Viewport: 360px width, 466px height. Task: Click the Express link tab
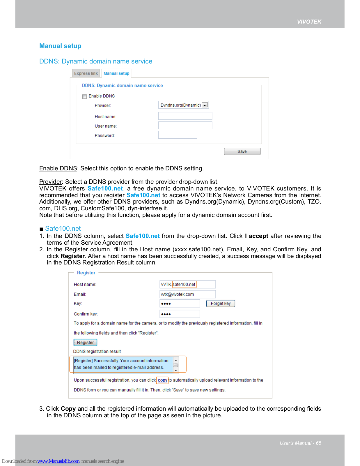pos(86,73)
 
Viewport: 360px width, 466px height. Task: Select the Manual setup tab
pos(116,73)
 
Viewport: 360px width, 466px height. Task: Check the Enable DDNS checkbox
pos(85,96)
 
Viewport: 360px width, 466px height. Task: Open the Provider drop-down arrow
pos(205,105)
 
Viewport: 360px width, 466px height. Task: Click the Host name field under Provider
pos(185,116)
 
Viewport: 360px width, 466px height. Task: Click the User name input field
pos(185,126)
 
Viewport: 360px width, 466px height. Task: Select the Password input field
pos(178,135)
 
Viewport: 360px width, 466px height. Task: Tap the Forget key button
pos(221,303)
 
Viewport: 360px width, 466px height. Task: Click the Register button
pos(85,343)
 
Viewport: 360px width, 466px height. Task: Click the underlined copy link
pos(162,380)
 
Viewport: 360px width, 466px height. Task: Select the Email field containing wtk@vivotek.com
pos(187,294)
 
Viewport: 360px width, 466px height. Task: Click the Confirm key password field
pos(180,314)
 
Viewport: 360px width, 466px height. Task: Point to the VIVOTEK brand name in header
pos(309,22)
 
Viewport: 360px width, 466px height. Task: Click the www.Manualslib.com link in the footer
pos(58,461)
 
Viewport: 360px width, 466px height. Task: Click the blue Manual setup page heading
pos(60,46)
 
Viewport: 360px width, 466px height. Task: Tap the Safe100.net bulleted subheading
pos(63,229)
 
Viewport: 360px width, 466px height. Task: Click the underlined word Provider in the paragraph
pos(51,182)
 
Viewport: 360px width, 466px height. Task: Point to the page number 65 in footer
pos(319,443)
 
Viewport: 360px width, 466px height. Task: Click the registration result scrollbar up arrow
pos(176,361)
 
